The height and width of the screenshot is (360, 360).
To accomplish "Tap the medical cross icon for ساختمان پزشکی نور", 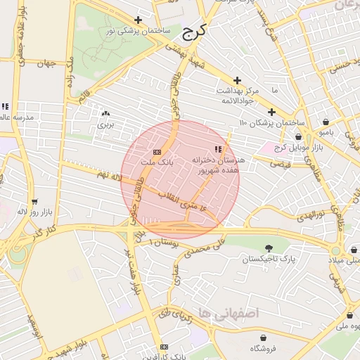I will click(x=138, y=20).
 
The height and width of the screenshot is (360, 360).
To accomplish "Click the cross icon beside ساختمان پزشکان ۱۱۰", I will click(x=271, y=112).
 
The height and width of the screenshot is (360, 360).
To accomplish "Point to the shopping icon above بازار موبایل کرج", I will click(x=299, y=137).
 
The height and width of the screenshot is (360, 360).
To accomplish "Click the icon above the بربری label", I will click(x=105, y=112).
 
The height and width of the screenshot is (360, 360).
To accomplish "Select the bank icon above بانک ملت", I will click(x=157, y=152).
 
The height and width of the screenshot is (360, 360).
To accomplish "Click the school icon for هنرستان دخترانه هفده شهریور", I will click(x=218, y=149).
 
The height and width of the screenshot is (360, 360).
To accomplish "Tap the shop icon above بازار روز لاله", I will click(x=34, y=202).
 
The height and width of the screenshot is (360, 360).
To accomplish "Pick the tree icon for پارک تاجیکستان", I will click(x=269, y=247).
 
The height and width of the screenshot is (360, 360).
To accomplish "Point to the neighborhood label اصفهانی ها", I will click(x=229, y=311).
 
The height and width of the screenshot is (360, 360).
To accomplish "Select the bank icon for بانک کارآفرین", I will click(x=165, y=347).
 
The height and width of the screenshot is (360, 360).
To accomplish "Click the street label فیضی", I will click(x=281, y=163).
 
